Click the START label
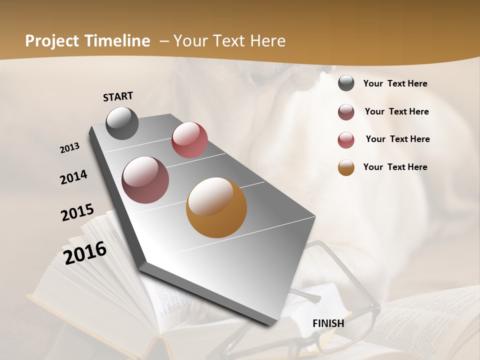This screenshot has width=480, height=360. click(118, 96)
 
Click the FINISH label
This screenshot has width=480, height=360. click(328, 323)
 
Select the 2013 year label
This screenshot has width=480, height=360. click(70, 148)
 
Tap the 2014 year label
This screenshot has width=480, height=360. click(73, 177)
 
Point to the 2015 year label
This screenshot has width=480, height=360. click(77, 212)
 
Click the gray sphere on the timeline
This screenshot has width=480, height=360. click(122, 123)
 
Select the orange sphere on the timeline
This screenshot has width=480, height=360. click(216, 207)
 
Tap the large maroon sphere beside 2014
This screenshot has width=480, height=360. click(145, 180)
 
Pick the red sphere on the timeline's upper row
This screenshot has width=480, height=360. click(189, 140)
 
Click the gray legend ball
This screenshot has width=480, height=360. click(346, 83)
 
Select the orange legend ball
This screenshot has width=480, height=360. click(346, 167)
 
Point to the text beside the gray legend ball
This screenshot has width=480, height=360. click(395, 83)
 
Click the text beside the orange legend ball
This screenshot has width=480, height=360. click(395, 167)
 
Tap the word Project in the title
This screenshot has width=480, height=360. click(52, 41)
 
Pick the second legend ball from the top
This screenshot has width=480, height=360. click(346, 112)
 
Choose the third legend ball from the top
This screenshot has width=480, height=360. click(346, 140)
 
